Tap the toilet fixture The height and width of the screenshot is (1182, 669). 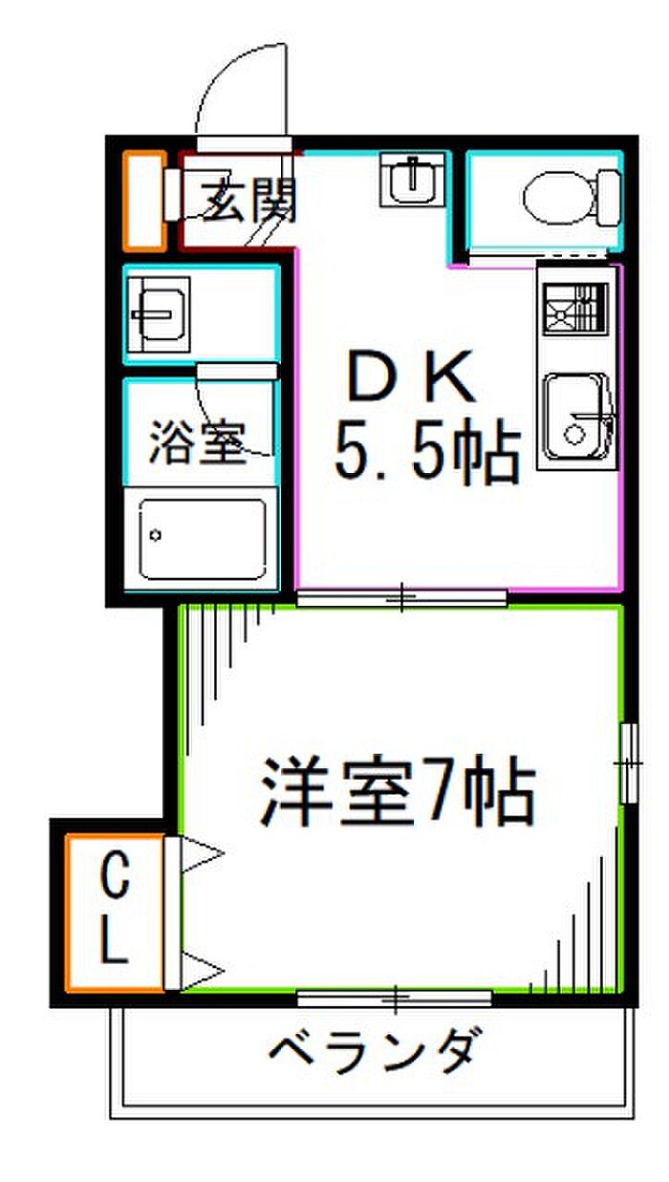[x=570, y=196]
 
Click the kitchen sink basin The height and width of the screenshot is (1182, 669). [x=575, y=418]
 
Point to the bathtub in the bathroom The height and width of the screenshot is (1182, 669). [x=202, y=540]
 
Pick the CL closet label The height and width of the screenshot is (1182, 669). [x=115, y=912]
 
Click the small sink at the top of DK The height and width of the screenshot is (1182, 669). [x=413, y=180]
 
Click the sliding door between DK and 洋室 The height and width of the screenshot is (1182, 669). [x=400, y=599]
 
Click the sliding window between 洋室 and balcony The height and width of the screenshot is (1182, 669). [x=395, y=999]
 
